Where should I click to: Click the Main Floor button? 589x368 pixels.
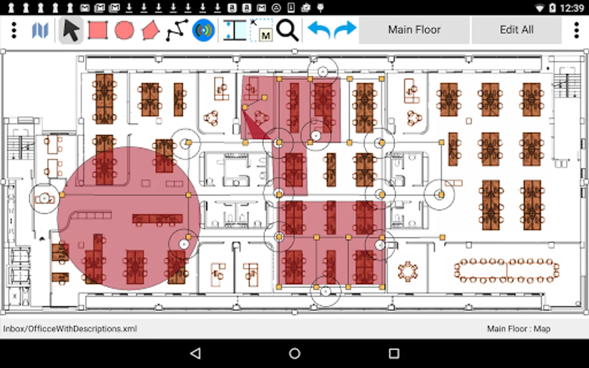coord(414,30)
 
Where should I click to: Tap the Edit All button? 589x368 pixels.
coord(517,30)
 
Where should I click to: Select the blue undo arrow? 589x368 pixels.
coord(319,30)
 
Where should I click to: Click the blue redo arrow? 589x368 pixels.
coord(345,29)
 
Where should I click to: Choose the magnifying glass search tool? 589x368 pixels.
coord(288,30)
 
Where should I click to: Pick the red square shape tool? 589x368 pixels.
coord(97,30)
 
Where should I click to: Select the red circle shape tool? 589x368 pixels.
coord(124,30)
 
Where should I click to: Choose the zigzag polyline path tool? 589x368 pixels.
coord(177,30)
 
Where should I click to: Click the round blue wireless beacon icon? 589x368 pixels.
coord(203,30)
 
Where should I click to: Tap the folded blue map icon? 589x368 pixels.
coord(40,30)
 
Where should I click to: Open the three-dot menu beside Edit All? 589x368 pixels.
coord(576,30)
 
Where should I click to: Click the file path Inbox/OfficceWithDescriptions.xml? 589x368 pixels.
coord(70,329)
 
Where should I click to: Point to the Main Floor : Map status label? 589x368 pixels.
coord(519,329)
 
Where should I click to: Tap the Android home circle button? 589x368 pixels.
coord(294,354)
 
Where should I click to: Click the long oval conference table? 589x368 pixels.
coord(507,271)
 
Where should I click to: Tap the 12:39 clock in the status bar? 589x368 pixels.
coord(572,8)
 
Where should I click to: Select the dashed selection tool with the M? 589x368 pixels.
coord(261,30)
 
